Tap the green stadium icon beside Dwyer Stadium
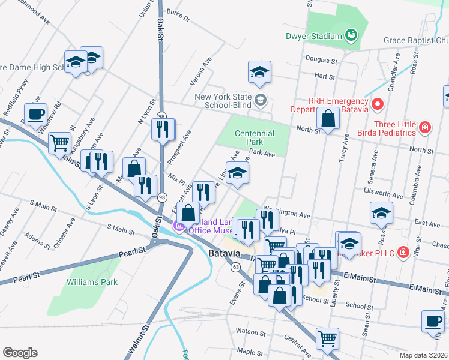[x=352, y=36]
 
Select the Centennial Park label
[x=255, y=138]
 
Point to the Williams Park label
[x=92, y=281]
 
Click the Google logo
[x=20, y=353]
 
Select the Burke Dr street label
[x=178, y=16]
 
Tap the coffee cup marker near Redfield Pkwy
[x=35, y=114]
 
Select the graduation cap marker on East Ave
[x=381, y=212]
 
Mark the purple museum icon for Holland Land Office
[x=178, y=226]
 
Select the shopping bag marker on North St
[x=328, y=119]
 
